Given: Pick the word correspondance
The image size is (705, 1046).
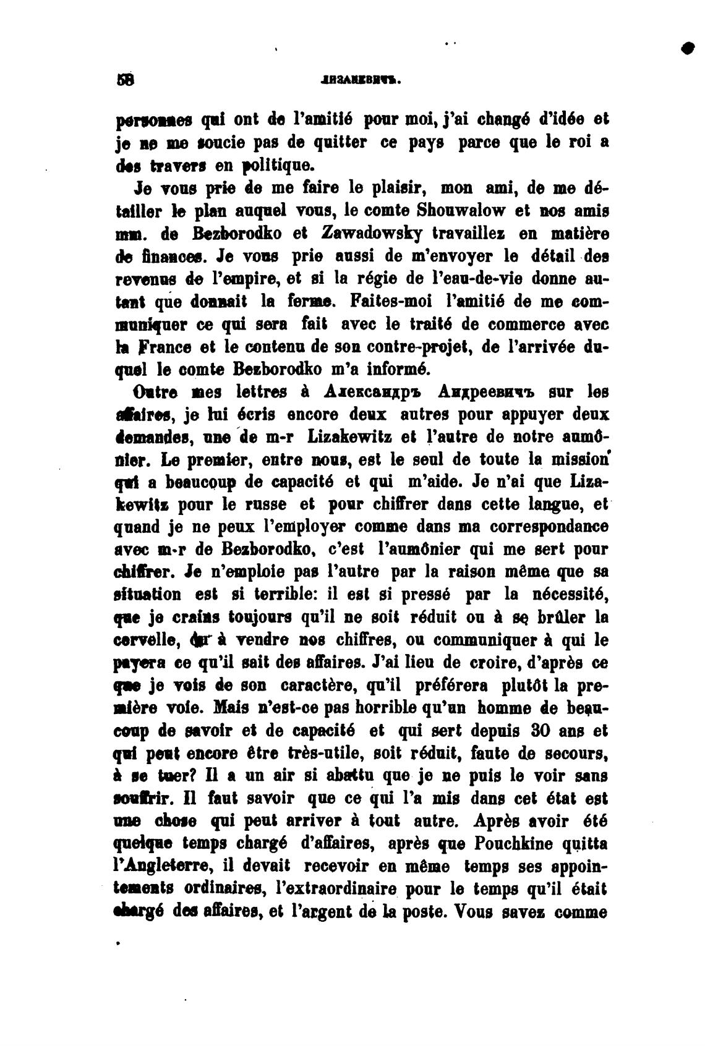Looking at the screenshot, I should coord(548,527).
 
